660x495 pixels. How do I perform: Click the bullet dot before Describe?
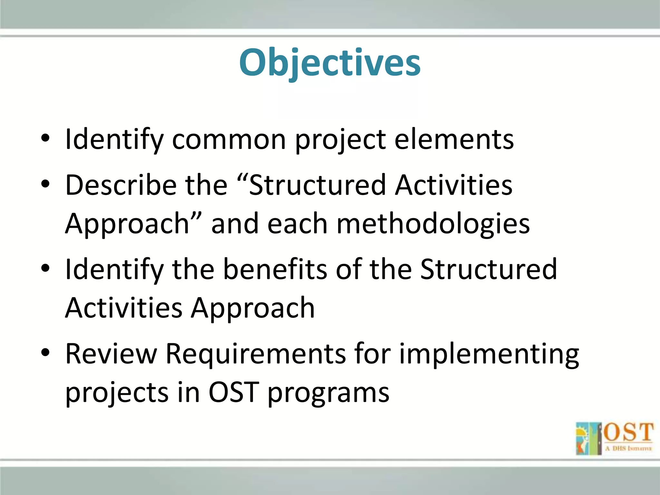(x=45, y=184)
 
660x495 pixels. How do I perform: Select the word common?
(x=229, y=140)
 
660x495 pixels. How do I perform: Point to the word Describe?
(x=121, y=185)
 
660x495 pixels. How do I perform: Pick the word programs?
(x=328, y=393)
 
